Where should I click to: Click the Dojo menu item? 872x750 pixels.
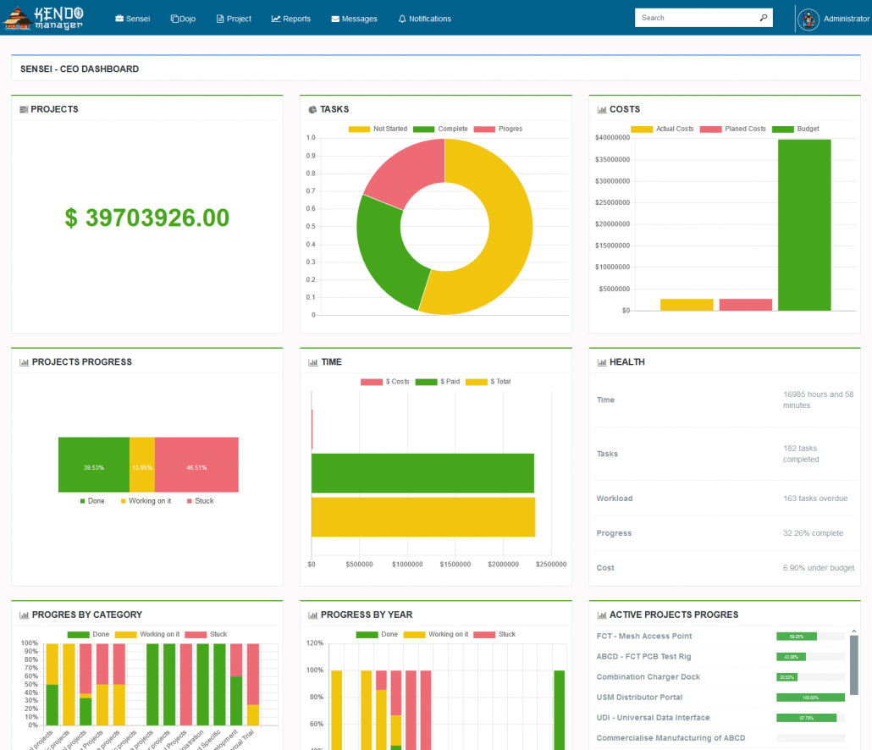pyautogui.click(x=183, y=19)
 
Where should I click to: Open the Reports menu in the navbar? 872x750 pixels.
pyautogui.click(x=291, y=19)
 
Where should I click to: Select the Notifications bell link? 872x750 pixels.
pyautogui.click(x=425, y=19)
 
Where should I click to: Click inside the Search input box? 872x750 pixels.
pyautogui.click(x=694, y=18)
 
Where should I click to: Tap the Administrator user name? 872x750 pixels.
pyautogui.click(x=846, y=19)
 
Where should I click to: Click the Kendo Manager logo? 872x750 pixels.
pyautogui.click(x=44, y=18)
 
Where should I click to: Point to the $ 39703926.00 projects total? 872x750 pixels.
pyautogui.click(x=146, y=218)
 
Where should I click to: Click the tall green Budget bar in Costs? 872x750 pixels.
pyautogui.click(x=804, y=224)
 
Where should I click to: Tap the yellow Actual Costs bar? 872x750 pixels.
pyautogui.click(x=687, y=305)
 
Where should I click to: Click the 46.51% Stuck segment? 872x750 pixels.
pyautogui.click(x=196, y=465)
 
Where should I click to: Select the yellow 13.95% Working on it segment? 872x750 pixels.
pyautogui.click(x=142, y=465)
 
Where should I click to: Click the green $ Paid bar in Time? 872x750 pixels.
pyautogui.click(x=422, y=473)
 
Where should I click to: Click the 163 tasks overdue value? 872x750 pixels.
pyautogui.click(x=815, y=499)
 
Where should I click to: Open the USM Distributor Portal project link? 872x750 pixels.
pyautogui.click(x=639, y=698)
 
